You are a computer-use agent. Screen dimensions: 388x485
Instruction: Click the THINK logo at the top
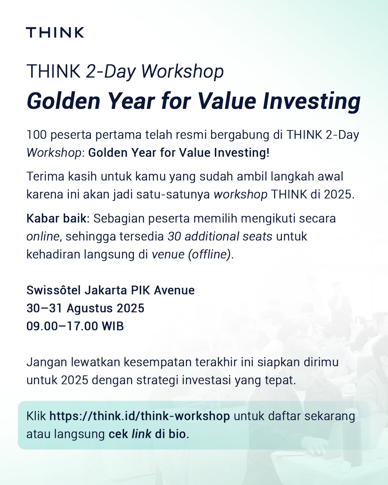pyautogui.click(x=55, y=32)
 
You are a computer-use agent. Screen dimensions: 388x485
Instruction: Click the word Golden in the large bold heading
pyautogui.click(x=63, y=101)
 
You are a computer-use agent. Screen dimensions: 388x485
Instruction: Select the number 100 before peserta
pyautogui.click(x=37, y=135)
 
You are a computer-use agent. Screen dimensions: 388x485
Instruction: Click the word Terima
pyautogui.click(x=45, y=176)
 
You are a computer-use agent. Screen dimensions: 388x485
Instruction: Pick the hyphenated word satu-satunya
pyautogui.click(x=173, y=194)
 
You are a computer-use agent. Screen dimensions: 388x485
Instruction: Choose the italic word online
pyautogui.click(x=43, y=236)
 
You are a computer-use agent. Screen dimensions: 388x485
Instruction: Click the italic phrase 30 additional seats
pyautogui.click(x=220, y=236)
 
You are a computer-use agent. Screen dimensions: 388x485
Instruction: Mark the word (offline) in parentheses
pyautogui.click(x=209, y=255)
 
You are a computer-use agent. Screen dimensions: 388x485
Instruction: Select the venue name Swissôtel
pyautogui.click(x=54, y=290)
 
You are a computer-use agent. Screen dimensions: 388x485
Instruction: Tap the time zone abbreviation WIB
pyautogui.click(x=113, y=326)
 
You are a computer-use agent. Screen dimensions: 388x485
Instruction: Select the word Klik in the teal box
pyautogui.click(x=36, y=416)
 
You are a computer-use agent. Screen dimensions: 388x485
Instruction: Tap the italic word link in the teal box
pyautogui.click(x=141, y=434)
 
